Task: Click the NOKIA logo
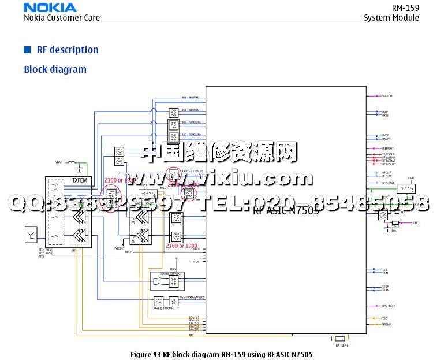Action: click(x=50, y=8)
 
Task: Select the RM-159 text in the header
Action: click(x=405, y=8)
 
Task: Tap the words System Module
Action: click(x=391, y=18)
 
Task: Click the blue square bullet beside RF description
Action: click(x=27, y=50)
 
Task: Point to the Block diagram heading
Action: click(x=55, y=69)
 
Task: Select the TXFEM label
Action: click(x=80, y=181)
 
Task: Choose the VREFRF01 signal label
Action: click(x=387, y=149)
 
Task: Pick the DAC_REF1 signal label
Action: click(x=388, y=306)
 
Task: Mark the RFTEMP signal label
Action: click(x=386, y=325)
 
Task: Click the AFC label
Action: click(x=416, y=222)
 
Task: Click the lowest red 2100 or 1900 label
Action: click(x=181, y=246)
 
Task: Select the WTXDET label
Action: click(x=119, y=248)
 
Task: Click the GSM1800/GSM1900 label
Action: click(x=192, y=298)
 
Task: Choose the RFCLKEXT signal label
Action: click(x=388, y=183)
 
